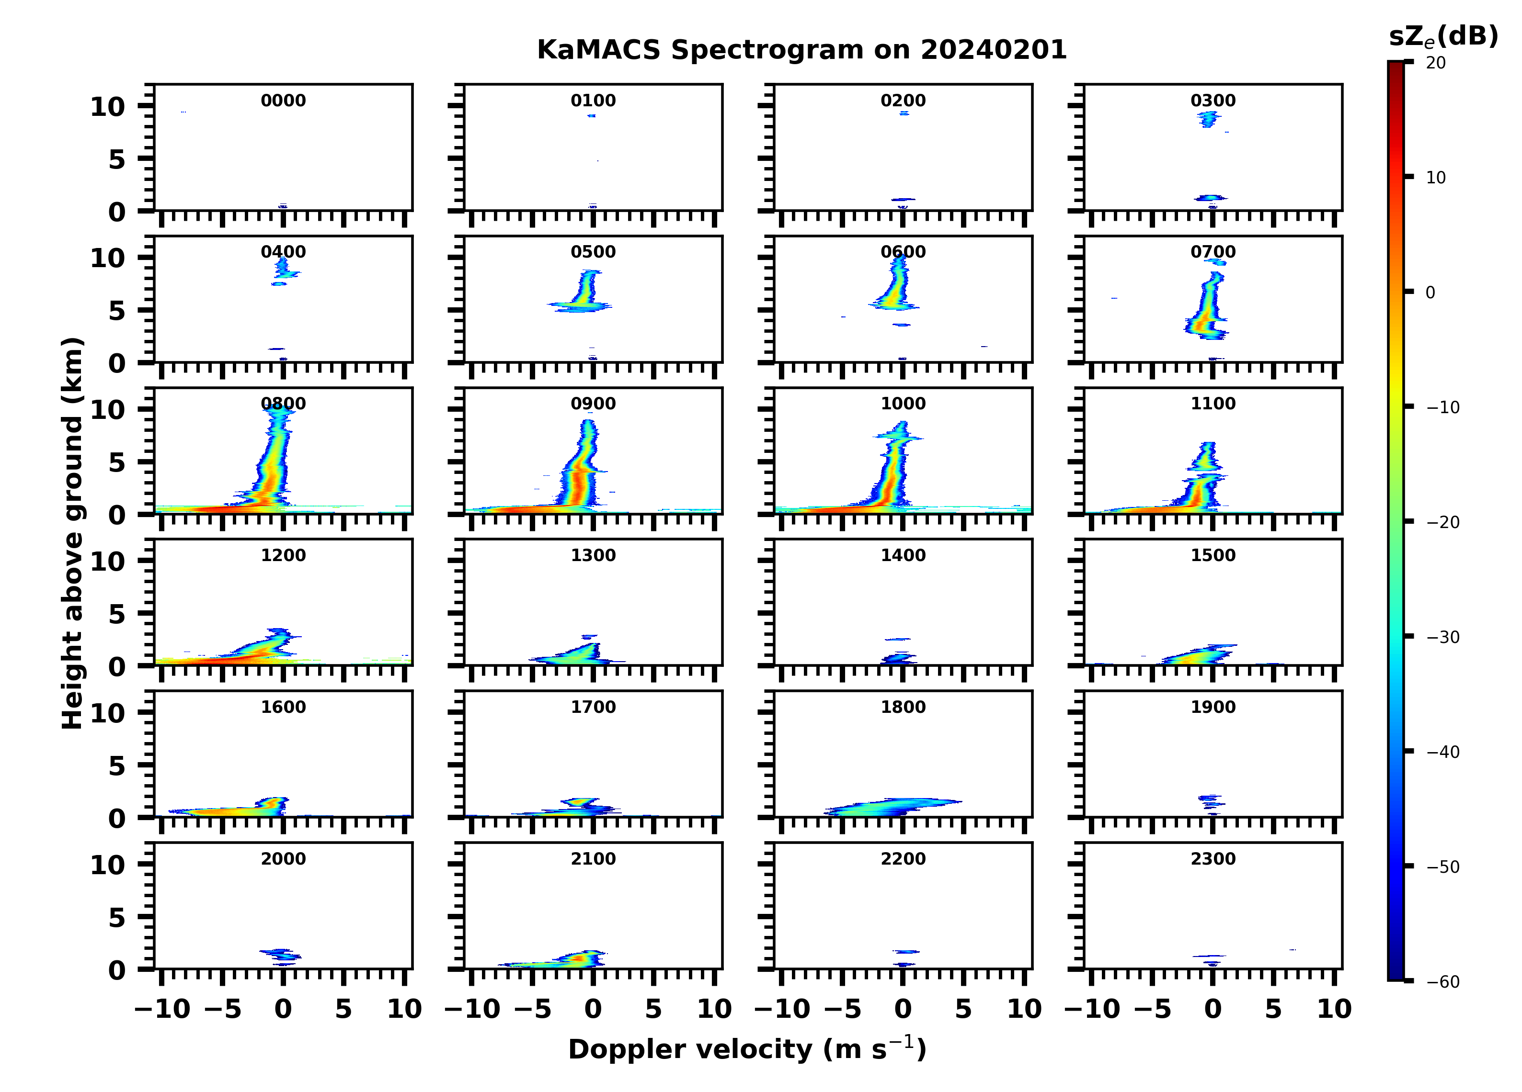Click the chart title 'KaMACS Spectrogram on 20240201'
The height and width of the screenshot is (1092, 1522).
click(x=801, y=50)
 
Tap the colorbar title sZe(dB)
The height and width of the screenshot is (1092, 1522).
click(x=1443, y=36)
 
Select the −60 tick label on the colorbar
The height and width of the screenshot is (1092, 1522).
click(x=1443, y=982)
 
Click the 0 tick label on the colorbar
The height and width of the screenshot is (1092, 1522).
click(x=1430, y=293)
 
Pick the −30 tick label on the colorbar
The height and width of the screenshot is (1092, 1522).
click(x=1443, y=637)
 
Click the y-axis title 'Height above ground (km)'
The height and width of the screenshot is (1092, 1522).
click(x=72, y=533)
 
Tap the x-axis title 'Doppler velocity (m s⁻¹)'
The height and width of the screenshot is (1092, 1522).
click(x=747, y=1049)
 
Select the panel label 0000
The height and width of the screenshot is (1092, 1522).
click(x=283, y=101)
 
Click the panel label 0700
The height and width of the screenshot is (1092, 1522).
click(x=1213, y=252)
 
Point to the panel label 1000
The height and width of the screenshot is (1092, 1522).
click(x=903, y=404)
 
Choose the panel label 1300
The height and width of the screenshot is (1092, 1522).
click(x=593, y=555)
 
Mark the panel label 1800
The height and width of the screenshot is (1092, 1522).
click(x=903, y=707)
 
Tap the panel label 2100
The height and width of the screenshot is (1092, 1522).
click(x=593, y=858)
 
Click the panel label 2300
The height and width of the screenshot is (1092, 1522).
click(x=1213, y=858)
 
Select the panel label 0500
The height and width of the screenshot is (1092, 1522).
click(x=593, y=252)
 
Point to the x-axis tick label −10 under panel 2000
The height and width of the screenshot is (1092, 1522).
click(x=162, y=1009)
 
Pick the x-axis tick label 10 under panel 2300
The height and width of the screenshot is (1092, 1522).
click(x=1333, y=1009)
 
